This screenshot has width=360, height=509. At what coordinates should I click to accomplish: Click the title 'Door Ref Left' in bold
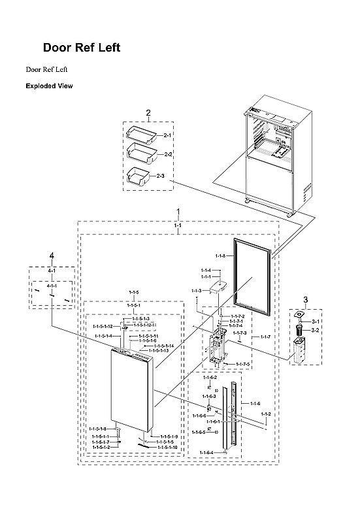pos(81,48)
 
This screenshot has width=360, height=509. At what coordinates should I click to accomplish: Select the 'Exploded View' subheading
pos(49,86)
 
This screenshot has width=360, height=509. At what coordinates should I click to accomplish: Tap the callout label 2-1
pos(167,135)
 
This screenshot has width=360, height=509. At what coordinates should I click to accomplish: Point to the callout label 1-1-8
pos(220,255)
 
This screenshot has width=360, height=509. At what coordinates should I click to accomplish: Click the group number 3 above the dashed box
pos(304,300)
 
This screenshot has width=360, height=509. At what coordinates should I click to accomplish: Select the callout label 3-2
pos(315,331)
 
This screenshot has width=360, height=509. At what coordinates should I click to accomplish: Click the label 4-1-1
pos(52,286)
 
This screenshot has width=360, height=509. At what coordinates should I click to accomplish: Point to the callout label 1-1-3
pos(196,290)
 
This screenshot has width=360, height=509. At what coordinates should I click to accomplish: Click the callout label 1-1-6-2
pos(210,378)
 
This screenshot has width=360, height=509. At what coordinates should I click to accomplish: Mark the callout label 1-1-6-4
pos(206,453)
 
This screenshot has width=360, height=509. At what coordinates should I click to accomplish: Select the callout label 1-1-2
pos(266,415)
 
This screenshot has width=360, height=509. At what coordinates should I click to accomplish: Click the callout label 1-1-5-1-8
pos(98,429)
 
